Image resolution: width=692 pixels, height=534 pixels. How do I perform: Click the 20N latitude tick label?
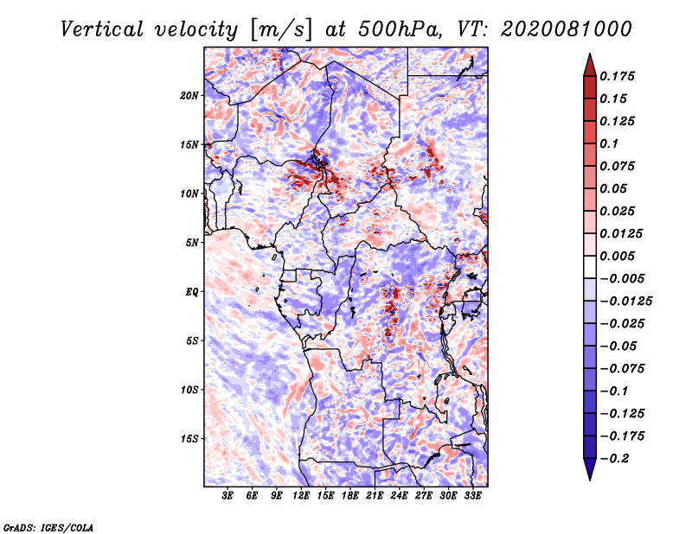pyautogui.click(x=189, y=95)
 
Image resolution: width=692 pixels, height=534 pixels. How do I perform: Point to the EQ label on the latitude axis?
pyautogui.click(x=192, y=292)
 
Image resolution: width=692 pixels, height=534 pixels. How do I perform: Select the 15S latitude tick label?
pyautogui.click(x=189, y=439)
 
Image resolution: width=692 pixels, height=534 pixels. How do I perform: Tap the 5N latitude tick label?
pyautogui.click(x=192, y=243)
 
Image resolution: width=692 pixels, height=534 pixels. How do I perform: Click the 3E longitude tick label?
pyautogui.click(x=227, y=496)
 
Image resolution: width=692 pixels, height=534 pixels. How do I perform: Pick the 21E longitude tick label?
pyautogui.click(x=375, y=496)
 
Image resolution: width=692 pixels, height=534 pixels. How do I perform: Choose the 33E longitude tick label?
pyautogui.click(x=472, y=496)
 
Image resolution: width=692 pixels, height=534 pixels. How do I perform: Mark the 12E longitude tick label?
pyautogui.click(x=301, y=496)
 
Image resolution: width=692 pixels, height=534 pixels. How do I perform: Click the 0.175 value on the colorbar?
pyautogui.click(x=619, y=77)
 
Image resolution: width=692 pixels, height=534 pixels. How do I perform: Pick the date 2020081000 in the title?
pyautogui.click(x=560, y=29)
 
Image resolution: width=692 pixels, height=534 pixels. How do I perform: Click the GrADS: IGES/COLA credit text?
pyautogui.click(x=48, y=526)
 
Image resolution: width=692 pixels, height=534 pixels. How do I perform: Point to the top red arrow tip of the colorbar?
pyautogui.click(x=589, y=54)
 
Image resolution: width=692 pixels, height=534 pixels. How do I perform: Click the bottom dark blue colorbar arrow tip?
pyautogui.click(x=589, y=478)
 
